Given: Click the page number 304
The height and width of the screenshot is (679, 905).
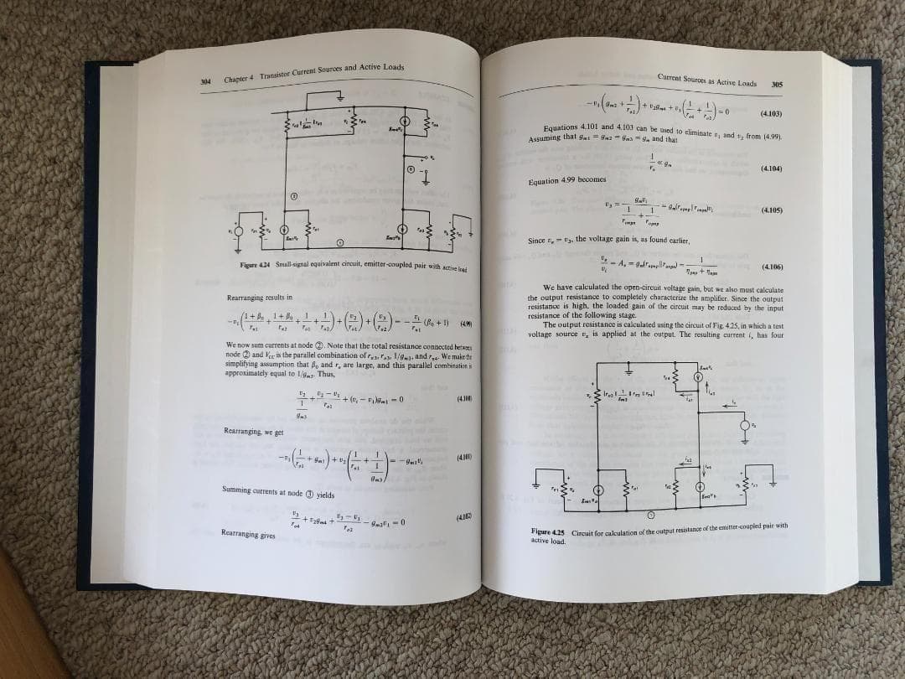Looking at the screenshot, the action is point(205,82).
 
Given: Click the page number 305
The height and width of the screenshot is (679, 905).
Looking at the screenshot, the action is point(777,84).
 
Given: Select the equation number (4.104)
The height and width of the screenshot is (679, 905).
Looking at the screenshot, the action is point(770,168).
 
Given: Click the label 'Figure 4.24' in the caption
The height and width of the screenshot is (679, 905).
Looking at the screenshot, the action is point(252,265).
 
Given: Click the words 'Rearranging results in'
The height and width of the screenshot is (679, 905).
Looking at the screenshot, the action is point(259,298).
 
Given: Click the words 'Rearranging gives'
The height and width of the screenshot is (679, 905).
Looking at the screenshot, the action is point(247,533).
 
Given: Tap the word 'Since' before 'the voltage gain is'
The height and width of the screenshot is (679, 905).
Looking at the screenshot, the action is point(537,241).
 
